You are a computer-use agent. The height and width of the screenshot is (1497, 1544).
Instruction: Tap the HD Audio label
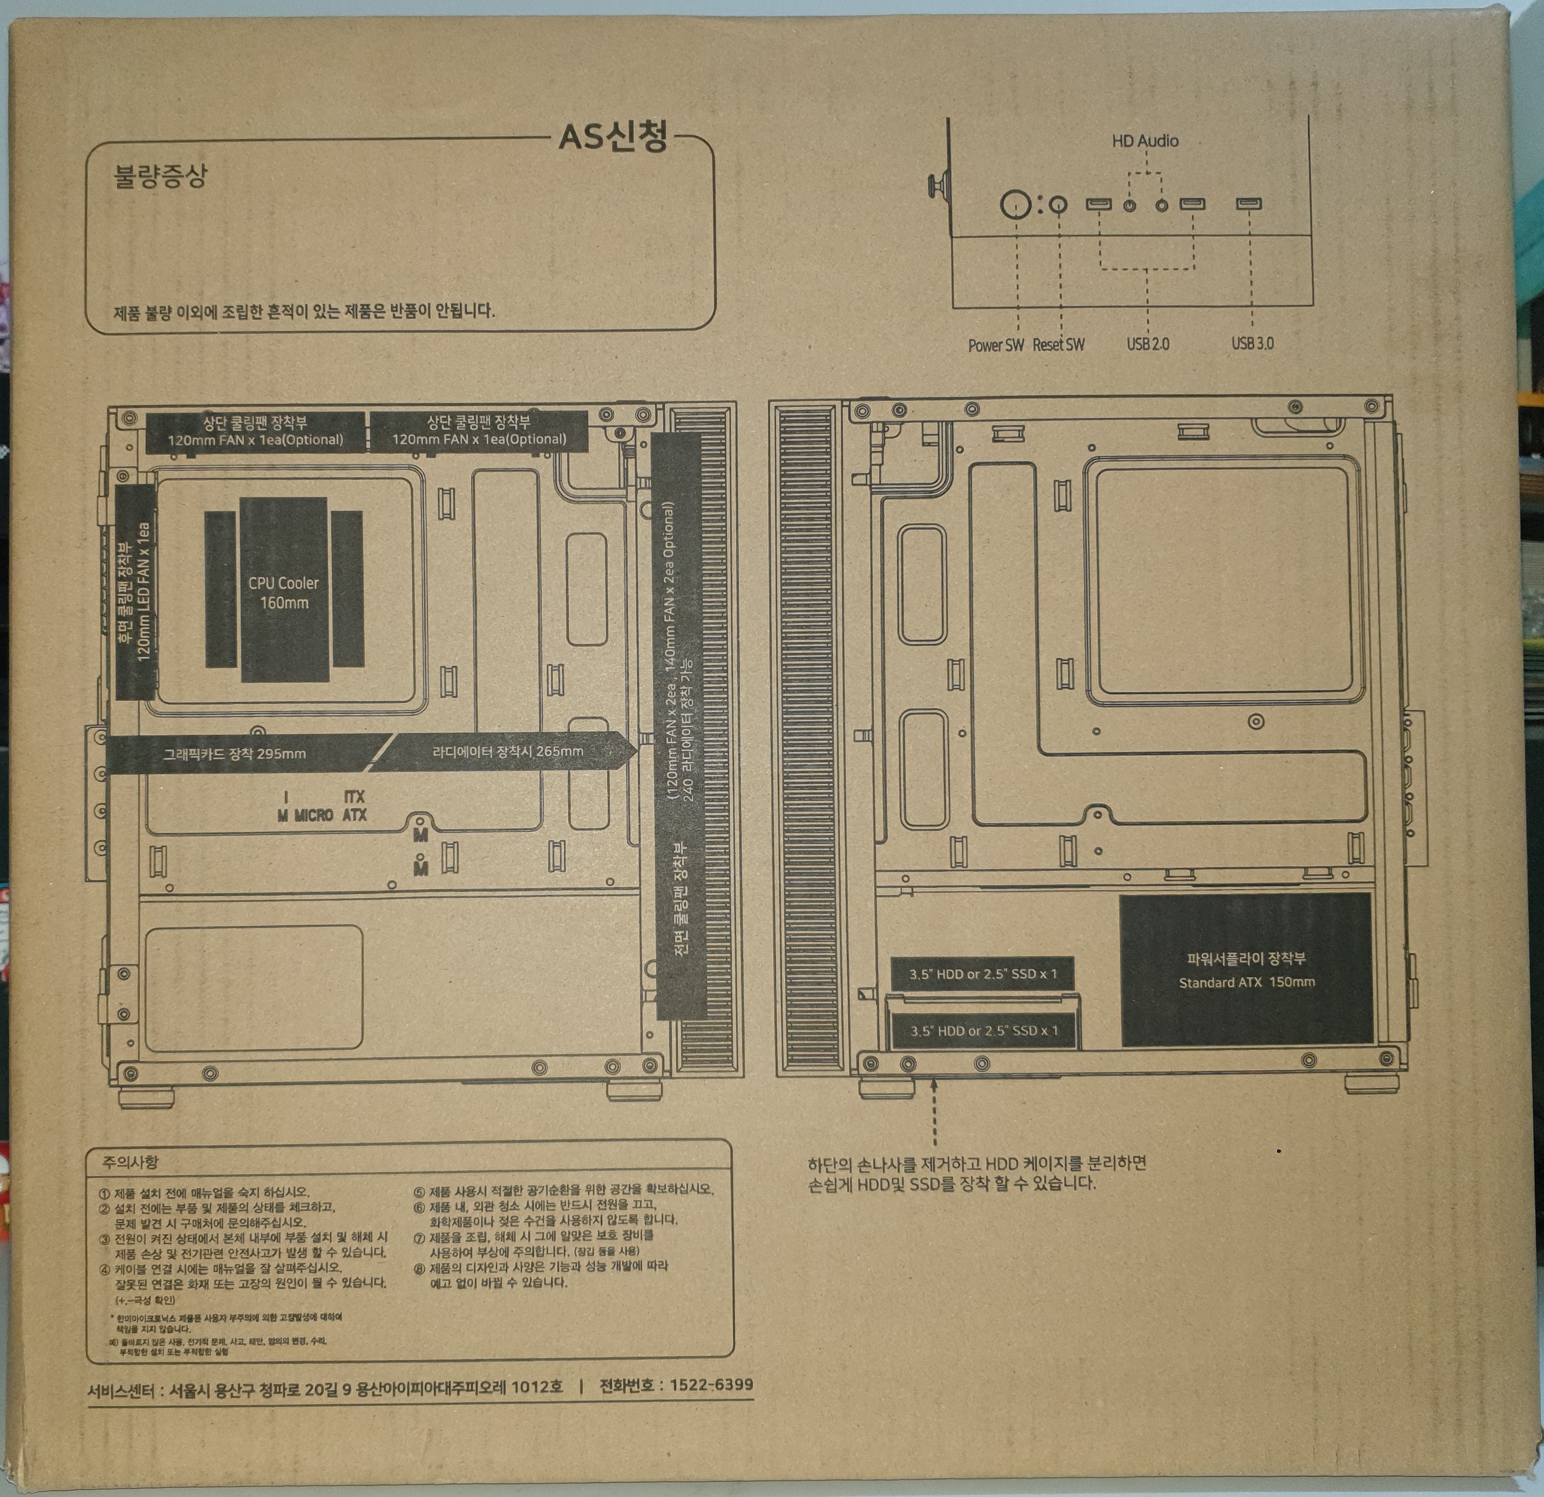[x=1145, y=141]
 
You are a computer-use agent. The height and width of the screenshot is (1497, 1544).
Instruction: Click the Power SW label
[x=996, y=345]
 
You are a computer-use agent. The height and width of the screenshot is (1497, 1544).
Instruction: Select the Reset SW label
[x=1058, y=345]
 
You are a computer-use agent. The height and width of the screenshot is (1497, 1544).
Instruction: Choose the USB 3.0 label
[x=1251, y=343]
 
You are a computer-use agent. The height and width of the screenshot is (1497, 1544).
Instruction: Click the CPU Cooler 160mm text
[x=283, y=593]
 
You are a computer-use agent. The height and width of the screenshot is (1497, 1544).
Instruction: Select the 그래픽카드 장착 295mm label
[x=234, y=754]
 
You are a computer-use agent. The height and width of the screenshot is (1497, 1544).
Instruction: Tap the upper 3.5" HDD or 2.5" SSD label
[x=982, y=974]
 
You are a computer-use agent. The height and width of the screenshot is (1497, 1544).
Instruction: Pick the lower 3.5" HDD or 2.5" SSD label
[x=984, y=1031]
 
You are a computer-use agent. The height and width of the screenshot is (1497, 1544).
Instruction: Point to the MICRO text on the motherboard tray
[x=314, y=815]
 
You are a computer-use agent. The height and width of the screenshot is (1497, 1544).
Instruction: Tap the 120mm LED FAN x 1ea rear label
[x=144, y=592]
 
